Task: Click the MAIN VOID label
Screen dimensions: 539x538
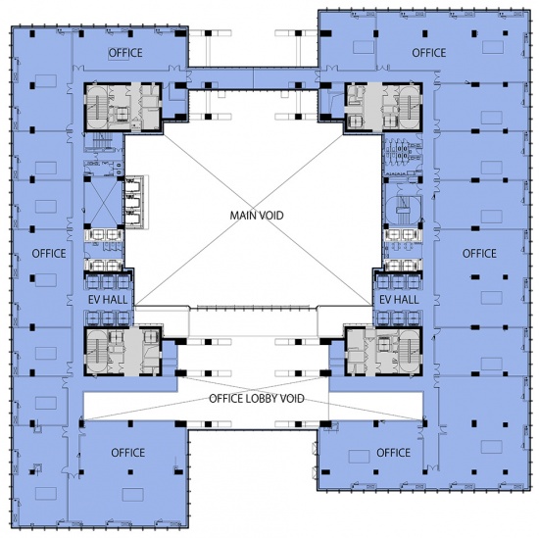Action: click(257, 216)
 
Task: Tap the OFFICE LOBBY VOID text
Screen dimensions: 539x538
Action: click(257, 399)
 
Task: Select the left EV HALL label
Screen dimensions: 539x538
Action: click(108, 300)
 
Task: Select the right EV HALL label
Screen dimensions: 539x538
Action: click(399, 300)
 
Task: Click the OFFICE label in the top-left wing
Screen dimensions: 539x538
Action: click(125, 53)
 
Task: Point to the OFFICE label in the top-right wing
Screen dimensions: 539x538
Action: click(429, 53)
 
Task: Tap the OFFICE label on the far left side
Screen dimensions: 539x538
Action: click(49, 254)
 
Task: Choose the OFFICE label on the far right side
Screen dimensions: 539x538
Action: click(479, 254)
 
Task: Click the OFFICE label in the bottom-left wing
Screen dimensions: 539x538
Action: click(127, 453)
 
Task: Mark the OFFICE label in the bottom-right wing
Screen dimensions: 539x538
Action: click(394, 453)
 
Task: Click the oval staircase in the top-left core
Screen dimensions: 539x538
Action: click(97, 107)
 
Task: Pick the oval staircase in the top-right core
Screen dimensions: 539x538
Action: click(410, 107)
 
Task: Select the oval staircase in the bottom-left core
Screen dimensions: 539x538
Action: click(97, 352)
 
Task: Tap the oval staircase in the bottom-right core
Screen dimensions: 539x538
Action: click(410, 352)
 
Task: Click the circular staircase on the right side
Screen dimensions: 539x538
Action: click(403, 210)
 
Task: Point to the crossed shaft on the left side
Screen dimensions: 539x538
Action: click(104, 203)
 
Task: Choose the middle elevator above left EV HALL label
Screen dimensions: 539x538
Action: click(108, 282)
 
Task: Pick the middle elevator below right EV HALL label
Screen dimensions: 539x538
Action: click(398, 318)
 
